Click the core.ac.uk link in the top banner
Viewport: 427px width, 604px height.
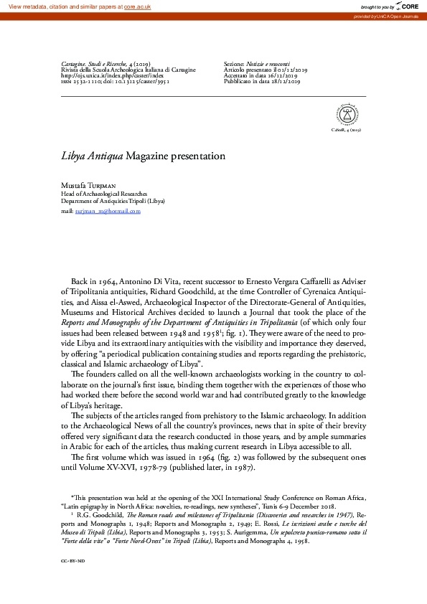[x=139, y=6]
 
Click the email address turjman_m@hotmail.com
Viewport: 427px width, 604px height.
[x=108, y=212]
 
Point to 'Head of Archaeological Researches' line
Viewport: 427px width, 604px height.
[x=104, y=194]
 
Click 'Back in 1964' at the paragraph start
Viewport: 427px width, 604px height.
[x=93, y=283]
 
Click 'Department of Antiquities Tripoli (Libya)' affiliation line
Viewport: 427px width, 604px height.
[x=113, y=202]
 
